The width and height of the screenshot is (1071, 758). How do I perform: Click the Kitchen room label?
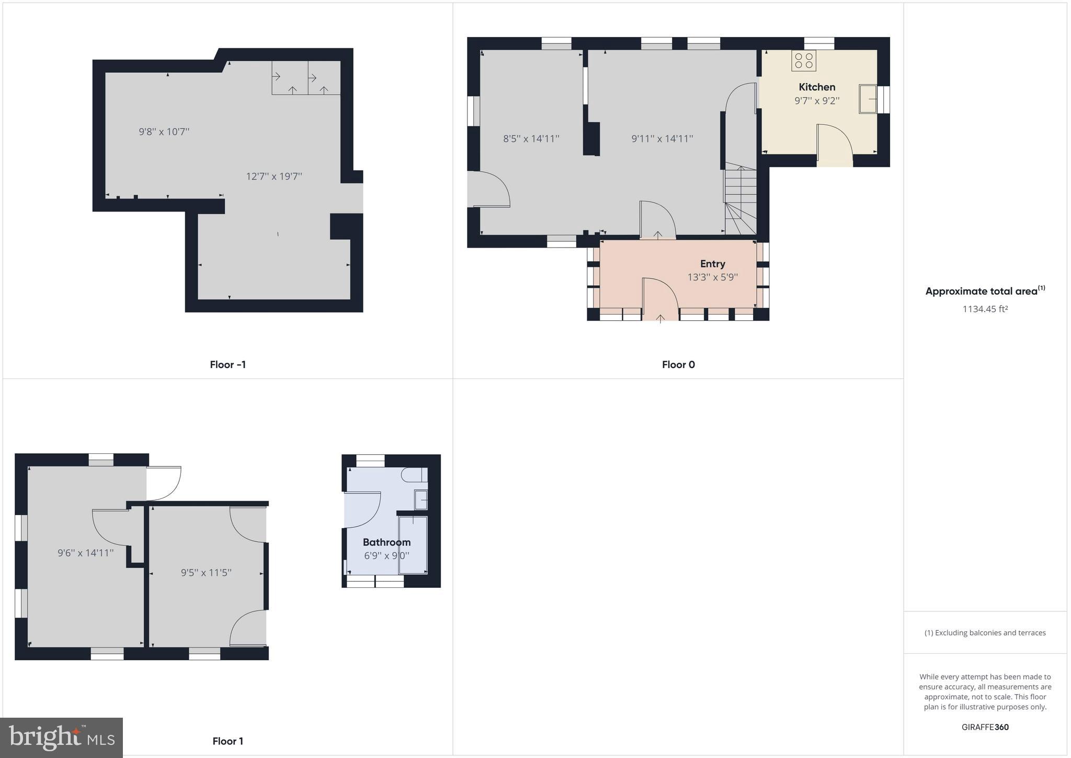pos(816,87)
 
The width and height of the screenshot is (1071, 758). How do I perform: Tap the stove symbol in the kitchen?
pos(803,61)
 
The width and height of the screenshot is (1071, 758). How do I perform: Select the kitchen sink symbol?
pos(868,99)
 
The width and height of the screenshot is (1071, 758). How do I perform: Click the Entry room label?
pos(712,264)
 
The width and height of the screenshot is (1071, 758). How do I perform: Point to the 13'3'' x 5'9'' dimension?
pos(712,277)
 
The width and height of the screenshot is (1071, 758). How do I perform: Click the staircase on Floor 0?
pos(740,199)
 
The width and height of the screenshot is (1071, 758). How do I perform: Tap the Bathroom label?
pos(386,542)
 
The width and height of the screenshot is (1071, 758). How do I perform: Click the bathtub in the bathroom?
pos(413,544)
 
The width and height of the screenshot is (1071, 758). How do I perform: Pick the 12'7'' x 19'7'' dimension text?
pos(274,176)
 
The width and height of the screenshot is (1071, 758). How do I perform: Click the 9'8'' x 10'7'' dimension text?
pos(164,132)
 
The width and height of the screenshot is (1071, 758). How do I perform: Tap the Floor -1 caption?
pos(227,365)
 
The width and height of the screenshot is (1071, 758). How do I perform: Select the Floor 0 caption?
pos(678,365)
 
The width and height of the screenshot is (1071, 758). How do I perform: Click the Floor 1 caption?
pos(227,741)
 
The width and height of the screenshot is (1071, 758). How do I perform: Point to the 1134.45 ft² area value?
pos(985,309)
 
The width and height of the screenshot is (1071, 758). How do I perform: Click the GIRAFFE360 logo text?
pos(985,727)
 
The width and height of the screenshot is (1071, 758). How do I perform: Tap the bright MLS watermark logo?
pos(62,738)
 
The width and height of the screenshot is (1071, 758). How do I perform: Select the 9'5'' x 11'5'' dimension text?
pos(206,573)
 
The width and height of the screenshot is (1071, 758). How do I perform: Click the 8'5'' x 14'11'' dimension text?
pos(531,139)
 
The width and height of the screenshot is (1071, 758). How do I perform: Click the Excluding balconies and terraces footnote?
pos(985,633)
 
